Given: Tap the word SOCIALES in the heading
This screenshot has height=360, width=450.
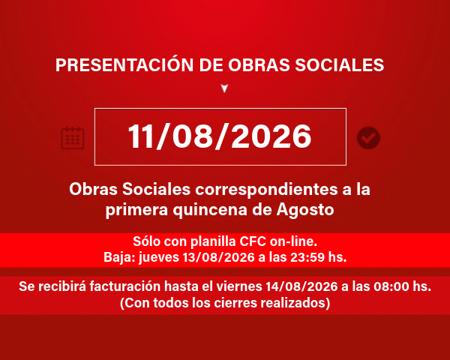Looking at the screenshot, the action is click(340, 65).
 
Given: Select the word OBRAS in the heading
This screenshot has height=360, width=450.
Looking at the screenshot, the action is click(259, 65).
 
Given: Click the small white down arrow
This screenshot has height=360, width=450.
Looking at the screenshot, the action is click(224, 88).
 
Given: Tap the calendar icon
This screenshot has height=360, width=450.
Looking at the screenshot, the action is click(73, 138).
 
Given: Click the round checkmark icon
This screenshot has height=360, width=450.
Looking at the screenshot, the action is click(368, 138).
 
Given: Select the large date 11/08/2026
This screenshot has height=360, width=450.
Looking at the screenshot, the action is click(220, 136).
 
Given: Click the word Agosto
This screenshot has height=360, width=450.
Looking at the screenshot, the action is click(305, 210).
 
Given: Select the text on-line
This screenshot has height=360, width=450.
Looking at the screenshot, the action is click(293, 241).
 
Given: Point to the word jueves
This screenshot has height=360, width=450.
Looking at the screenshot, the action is click(159, 257).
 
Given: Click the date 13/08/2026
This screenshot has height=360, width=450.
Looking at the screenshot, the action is click(219, 257).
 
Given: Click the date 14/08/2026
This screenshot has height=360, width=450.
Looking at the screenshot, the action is click(301, 286).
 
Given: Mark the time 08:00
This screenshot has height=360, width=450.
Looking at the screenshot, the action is click(391, 286).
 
